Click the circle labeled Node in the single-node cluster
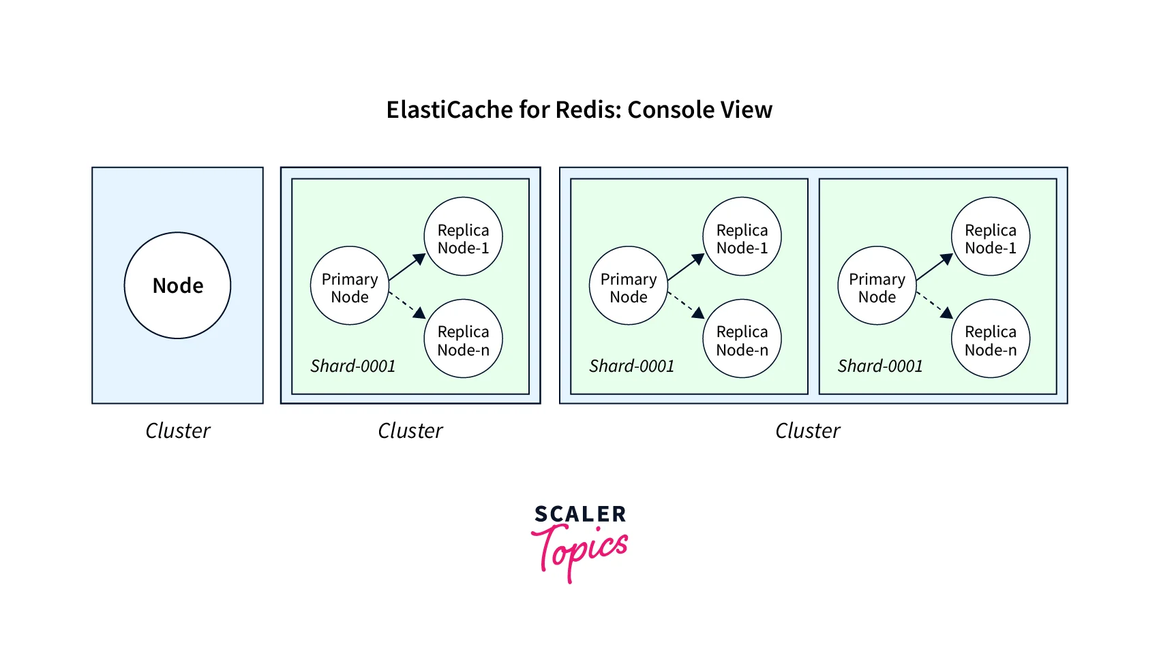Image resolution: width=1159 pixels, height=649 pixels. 177,285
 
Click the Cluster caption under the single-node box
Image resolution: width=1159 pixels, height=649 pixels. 177,430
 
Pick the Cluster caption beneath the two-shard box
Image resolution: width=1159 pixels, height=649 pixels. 807,430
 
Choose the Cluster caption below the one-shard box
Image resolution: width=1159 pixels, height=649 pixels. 410,430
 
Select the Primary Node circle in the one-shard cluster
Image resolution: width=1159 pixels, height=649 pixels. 350,285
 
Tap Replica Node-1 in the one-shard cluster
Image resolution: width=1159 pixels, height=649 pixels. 464,236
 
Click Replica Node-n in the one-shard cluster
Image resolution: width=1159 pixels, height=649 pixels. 464,338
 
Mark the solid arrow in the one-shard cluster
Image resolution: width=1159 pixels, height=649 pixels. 407,267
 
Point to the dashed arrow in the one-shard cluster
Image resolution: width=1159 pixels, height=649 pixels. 407,304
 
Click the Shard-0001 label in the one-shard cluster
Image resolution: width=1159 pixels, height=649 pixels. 352,366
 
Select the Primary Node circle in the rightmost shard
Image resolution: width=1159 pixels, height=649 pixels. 877,285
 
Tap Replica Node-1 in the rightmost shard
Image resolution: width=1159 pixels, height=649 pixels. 991,236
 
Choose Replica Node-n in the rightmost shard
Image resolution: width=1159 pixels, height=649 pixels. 991,338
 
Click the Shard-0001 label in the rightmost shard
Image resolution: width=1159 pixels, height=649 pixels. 880,366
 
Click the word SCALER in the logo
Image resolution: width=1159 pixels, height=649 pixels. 580,514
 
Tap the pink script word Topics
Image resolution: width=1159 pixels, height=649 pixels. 579,550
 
